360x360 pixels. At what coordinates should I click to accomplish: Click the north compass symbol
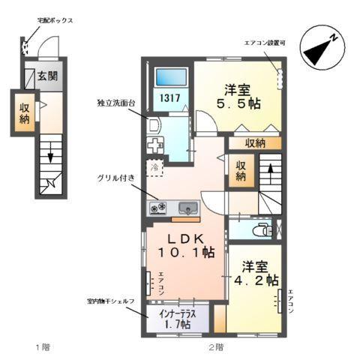[x=323, y=48]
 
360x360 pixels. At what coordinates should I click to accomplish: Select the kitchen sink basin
[x=186, y=208]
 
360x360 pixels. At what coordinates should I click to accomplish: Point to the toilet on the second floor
[x=264, y=229]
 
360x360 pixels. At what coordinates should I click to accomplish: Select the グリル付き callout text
[x=115, y=178]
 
